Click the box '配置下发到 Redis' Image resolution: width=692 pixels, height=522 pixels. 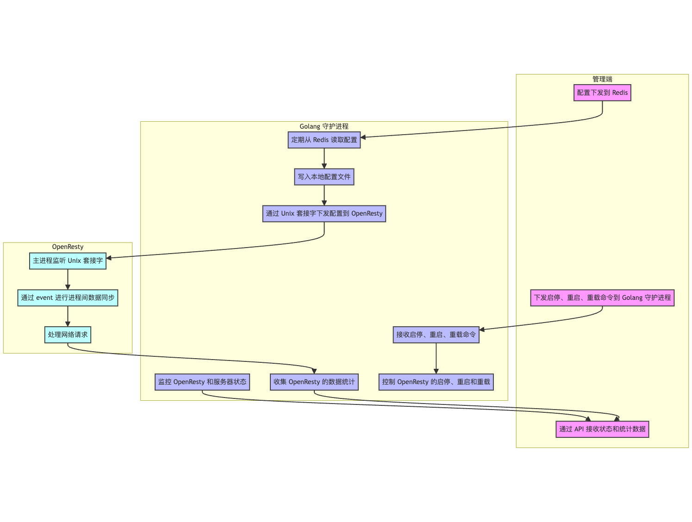(602, 93)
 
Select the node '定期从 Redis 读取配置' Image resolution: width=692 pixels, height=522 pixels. (324, 140)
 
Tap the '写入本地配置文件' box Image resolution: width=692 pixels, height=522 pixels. (324, 177)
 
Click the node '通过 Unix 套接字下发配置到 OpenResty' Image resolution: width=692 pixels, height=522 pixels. (324, 213)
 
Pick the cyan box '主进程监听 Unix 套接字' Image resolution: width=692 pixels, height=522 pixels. (68, 261)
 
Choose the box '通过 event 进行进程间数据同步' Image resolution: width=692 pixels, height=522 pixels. (68, 298)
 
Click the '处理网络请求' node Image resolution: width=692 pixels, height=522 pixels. (68, 335)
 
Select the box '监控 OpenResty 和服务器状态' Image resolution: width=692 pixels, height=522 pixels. (202, 382)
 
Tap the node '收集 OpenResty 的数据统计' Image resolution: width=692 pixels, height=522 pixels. (314, 382)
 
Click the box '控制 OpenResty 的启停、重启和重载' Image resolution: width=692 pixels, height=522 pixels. (436, 382)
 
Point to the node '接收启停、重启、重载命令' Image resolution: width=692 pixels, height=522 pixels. (436, 335)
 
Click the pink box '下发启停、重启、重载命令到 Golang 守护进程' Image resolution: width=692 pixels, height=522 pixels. (602, 298)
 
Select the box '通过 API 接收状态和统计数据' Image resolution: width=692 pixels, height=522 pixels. (602, 429)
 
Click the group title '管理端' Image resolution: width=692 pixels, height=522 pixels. (602, 79)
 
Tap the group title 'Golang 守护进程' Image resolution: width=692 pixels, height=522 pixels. (324, 126)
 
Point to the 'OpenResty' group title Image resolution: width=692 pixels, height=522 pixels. (68, 247)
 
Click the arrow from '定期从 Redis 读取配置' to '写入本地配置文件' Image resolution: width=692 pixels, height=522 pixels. (324, 158)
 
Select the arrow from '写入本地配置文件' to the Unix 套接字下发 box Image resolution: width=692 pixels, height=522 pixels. (324, 195)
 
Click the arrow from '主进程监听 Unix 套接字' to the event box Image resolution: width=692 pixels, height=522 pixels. (68, 279)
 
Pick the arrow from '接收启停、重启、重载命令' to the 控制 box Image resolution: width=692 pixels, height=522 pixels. (436, 358)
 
